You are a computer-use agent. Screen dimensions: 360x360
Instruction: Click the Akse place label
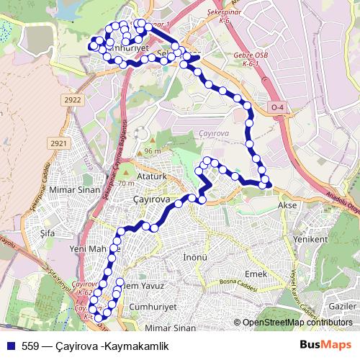tap(287, 204)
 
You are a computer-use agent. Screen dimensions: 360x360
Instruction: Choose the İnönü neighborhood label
tap(195, 256)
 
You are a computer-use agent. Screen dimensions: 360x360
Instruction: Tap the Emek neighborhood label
tap(256, 275)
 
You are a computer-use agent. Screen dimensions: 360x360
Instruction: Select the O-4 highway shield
tap(278, 108)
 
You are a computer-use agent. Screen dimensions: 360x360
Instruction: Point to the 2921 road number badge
tap(58, 144)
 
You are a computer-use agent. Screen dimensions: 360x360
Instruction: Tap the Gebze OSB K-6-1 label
tap(251, 59)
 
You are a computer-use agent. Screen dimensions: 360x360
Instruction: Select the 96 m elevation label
tap(152, 151)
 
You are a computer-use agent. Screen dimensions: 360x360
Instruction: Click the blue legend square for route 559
tap(9, 346)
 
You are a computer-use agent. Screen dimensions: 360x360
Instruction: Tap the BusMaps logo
tap(327, 346)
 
